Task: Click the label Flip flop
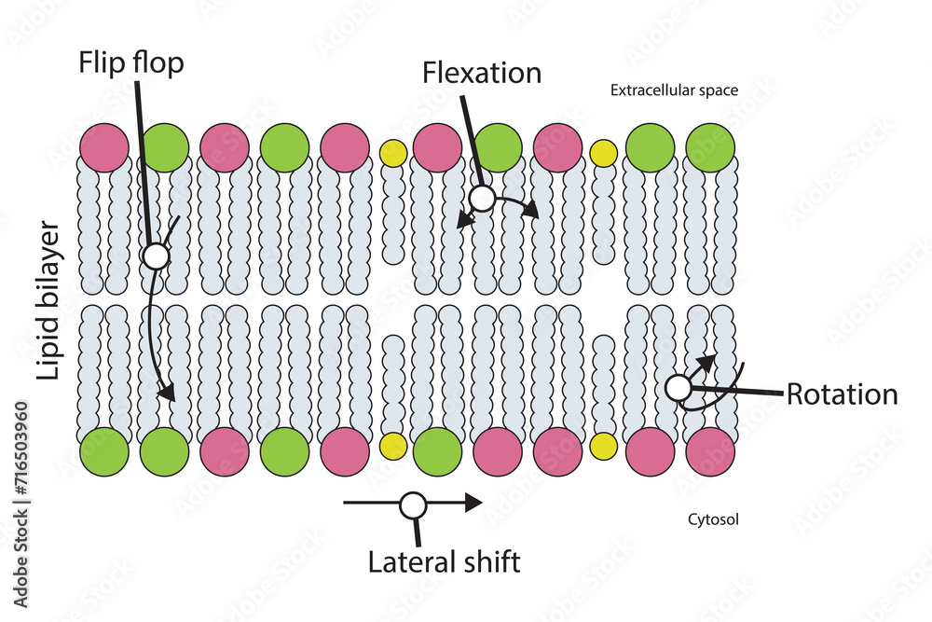pos(131,64)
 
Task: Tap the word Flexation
pos(481,73)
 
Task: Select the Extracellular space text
pos(674,90)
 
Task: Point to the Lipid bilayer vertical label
pos(48,301)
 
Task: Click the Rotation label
pos(842,394)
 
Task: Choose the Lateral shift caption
pos(444,562)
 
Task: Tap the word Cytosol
pos(713,519)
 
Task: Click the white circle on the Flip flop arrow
pos(156,256)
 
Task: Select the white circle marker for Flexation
pos(482,198)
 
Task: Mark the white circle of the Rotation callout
pos(678,387)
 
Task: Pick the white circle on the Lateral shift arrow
pos(413,505)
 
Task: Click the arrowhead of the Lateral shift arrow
pos(473,504)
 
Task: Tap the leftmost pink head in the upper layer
pos(104,147)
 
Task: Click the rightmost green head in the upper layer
pos(710,147)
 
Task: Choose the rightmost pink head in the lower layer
pos(710,452)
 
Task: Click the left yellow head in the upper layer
pos(393,153)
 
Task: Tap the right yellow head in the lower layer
pos(604,447)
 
